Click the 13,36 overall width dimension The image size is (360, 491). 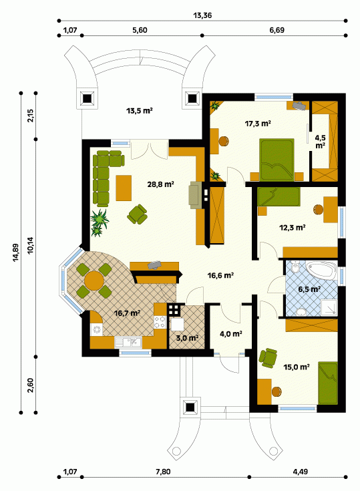tap(202, 15)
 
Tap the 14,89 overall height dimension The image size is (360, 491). tap(16, 252)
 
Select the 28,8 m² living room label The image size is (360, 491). tap(160, 184)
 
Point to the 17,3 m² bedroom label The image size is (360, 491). tap(258, 124)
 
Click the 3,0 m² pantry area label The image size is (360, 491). tap(187, 338)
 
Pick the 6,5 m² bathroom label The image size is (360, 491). tap(309, 289)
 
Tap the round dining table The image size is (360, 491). tap(94, 281)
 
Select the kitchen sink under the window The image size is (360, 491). tap(128, 342)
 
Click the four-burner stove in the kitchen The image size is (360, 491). tap(160, 322)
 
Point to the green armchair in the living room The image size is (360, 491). tap(137, 214)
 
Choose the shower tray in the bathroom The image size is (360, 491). tap(329, 307)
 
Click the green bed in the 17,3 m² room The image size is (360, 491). tap(277, 160)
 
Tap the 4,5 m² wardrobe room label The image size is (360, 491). tap(320, 142)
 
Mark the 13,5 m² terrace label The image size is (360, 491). tap(140, 111)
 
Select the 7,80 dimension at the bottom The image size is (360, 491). tap(163, 472)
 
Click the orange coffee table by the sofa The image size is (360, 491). tap(124, 188)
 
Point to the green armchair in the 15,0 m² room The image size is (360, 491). tap(268, 357)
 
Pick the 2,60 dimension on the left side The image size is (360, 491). tap(30, 385)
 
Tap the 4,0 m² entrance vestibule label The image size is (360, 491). tap(230, 334)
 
